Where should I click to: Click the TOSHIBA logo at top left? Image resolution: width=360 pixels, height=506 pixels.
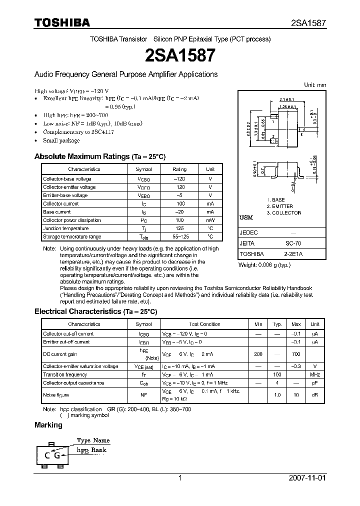point(62,22)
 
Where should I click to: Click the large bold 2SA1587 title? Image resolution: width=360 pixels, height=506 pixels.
point(180,55)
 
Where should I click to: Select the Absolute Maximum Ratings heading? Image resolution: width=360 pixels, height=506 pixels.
point(99,156)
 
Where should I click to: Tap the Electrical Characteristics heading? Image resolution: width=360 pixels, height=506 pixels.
point(95,311)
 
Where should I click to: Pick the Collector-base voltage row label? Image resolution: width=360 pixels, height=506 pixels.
point(67,178)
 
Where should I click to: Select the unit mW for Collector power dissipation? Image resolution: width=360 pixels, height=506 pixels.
point(210,220)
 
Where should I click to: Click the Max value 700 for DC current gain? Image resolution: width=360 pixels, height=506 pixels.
point(296,354)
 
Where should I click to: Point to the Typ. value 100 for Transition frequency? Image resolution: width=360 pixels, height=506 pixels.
point(277,374)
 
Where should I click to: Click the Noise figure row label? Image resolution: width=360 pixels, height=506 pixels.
point(56,395)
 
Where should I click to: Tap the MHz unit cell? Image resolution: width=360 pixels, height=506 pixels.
point(315,374)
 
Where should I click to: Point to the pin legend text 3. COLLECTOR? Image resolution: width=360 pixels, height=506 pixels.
point(283,213)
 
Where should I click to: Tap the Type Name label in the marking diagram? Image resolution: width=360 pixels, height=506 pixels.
point(93,440)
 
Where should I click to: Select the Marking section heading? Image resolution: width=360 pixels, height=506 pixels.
point(48,425)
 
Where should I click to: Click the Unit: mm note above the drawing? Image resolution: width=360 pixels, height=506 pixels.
point(315,85)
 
